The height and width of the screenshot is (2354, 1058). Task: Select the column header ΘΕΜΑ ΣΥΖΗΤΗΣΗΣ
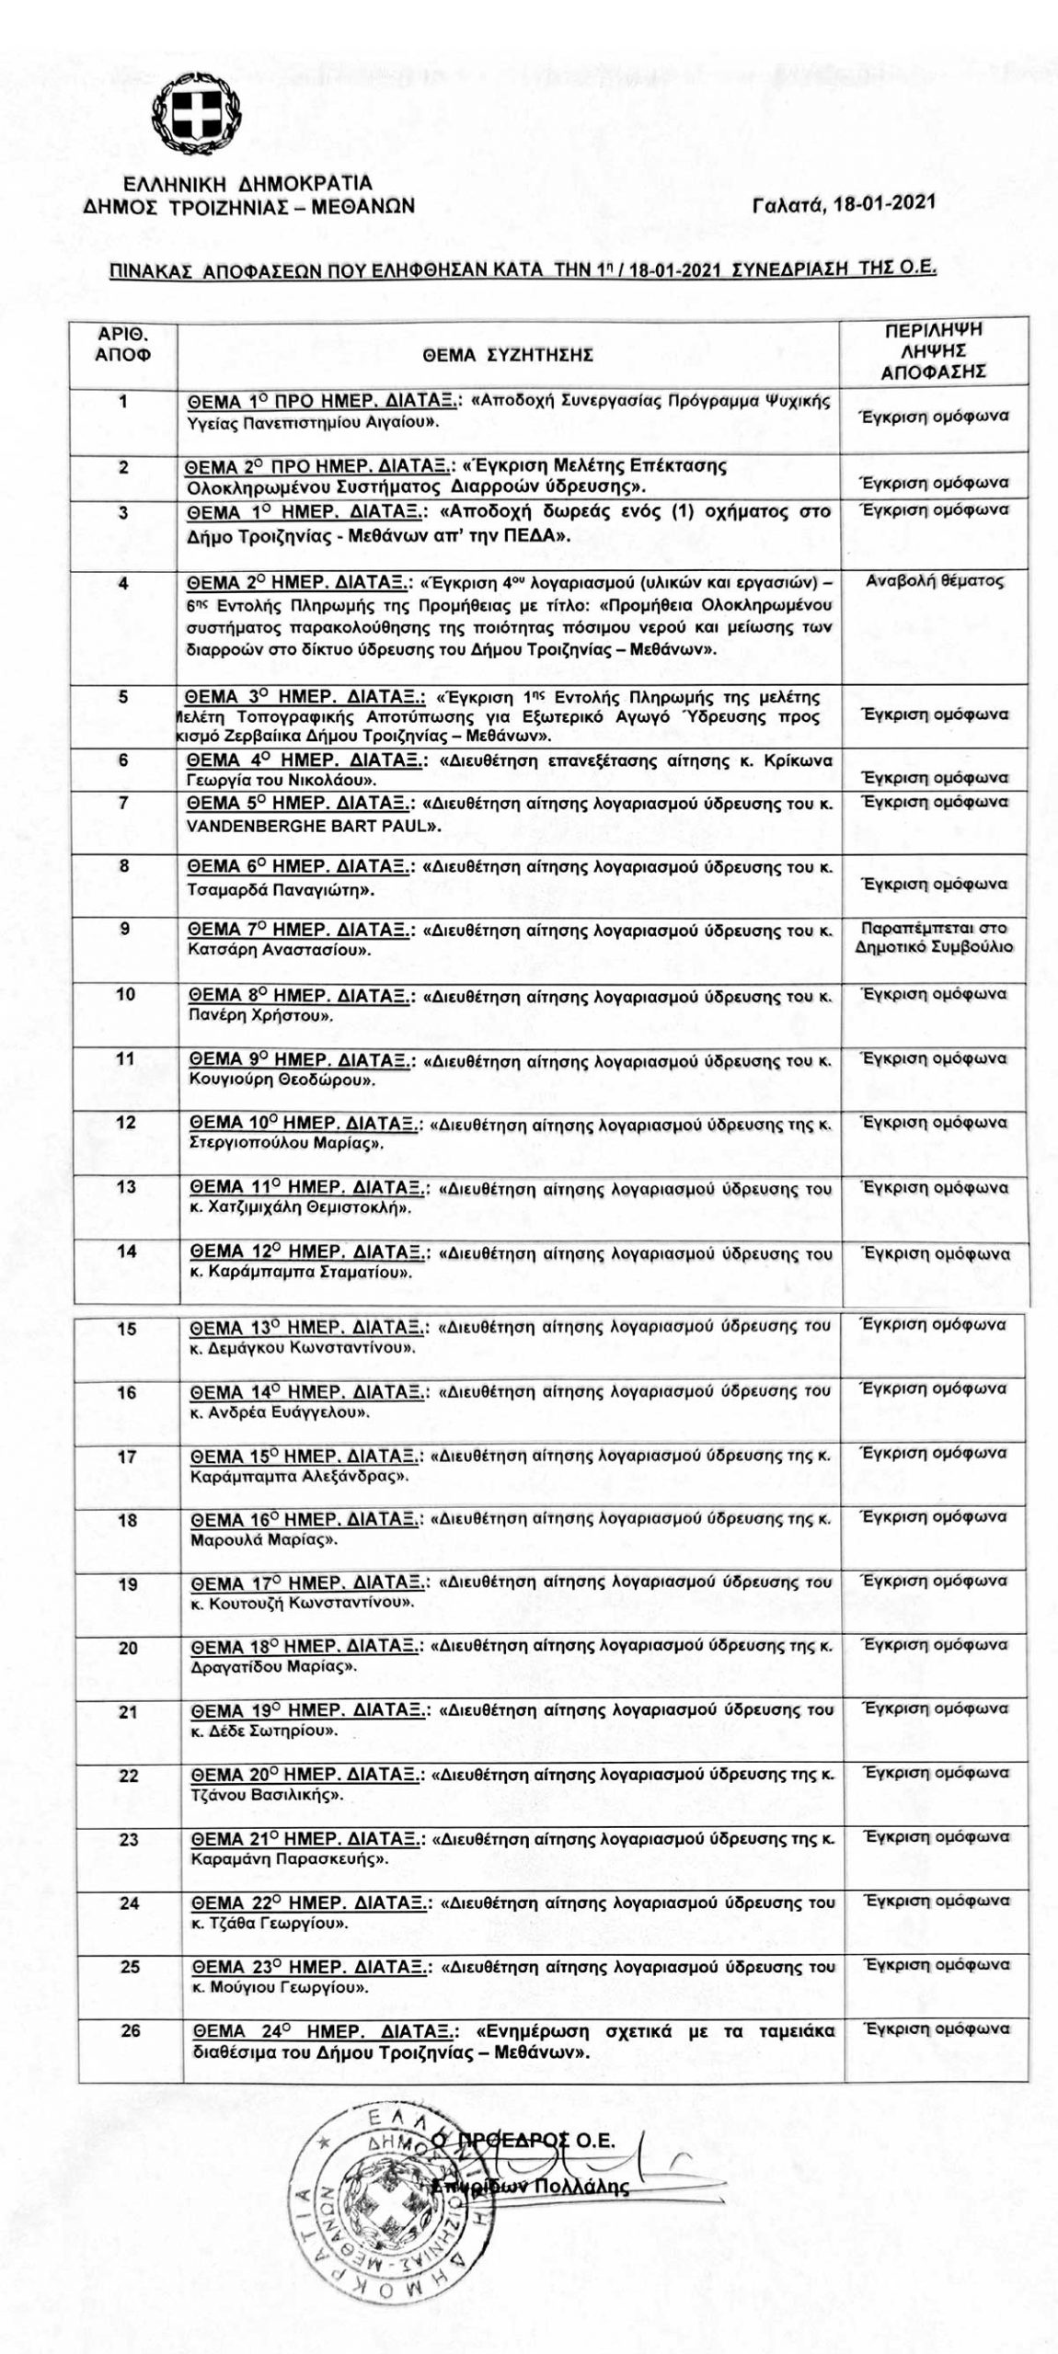coord(508,354)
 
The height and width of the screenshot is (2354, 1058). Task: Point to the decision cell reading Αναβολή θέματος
coord(935,581)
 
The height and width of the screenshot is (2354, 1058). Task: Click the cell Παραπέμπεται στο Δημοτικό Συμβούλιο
coord(935,936)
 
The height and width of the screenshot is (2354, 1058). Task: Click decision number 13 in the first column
coord(126,1187)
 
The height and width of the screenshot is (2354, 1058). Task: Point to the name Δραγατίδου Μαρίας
coord(273,1666)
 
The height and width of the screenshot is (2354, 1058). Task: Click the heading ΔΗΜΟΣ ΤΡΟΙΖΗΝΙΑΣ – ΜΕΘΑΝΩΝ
coord(248,206)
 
